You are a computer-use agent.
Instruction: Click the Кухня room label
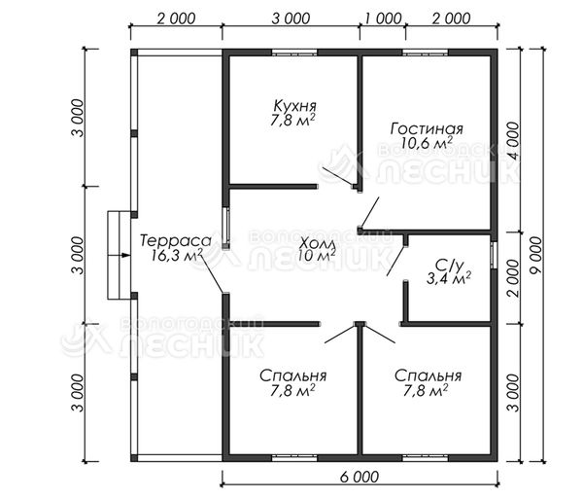click(294, 106)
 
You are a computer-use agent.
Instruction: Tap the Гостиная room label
click(427, 128)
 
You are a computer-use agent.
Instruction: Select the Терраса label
click(176, 241)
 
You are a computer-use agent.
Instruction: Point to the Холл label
click(319, 244)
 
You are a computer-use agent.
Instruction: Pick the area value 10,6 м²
click(427, 143)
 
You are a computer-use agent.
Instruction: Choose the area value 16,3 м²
click(177, 255)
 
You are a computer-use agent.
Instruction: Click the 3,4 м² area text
click(448, 278)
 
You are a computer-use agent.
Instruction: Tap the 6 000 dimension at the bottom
click(360, 477)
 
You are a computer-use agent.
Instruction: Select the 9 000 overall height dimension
click(536, 255)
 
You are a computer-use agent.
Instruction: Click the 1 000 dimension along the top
click(383, 18)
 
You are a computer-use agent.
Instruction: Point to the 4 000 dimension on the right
click(513, 141)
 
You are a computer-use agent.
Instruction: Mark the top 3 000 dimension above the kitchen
click(291, 18)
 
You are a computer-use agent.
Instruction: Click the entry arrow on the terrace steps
click(125, 255)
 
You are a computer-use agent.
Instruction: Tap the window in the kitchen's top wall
click(294, 53)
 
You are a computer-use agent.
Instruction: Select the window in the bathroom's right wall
click(495, 255)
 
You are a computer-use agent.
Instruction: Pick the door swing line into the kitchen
click(338, 176)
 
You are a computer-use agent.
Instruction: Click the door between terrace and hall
click(212, 274)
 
